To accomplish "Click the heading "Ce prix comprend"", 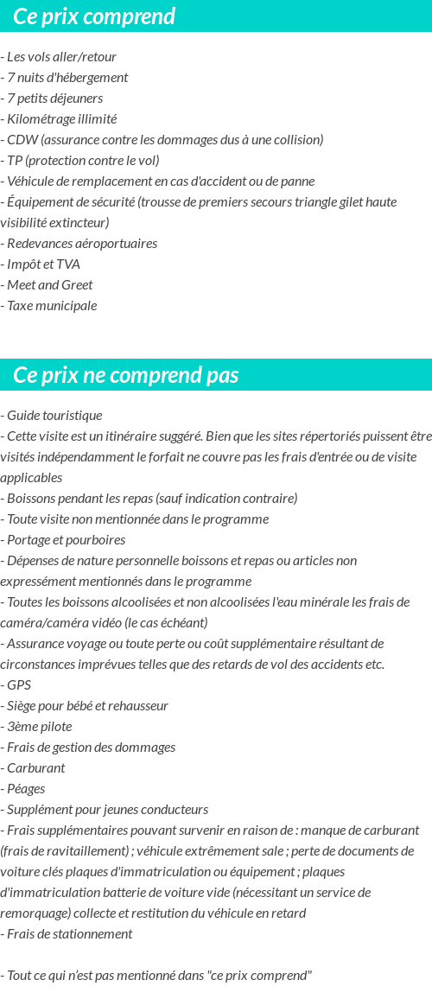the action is coord(94,16).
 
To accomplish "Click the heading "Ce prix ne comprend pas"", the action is coord(126,375).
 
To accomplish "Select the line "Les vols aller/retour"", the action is coord(60,57).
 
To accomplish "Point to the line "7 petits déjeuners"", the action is coord(54,99).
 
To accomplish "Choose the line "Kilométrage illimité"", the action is coord(60,119).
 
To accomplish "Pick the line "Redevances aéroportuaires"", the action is coord(80,244).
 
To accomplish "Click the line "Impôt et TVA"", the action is coord(41,264).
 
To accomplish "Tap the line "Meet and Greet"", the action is coord(48,285).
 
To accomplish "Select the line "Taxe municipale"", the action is coord(50,306).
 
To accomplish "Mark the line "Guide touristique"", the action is coord(53,416).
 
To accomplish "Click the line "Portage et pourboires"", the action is coord(65,540).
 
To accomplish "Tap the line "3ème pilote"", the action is coord(38,727).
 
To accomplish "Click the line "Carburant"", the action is coord(35,768).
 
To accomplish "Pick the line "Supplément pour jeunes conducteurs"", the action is coord(105,810).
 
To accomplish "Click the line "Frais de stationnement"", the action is coord(68,934).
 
